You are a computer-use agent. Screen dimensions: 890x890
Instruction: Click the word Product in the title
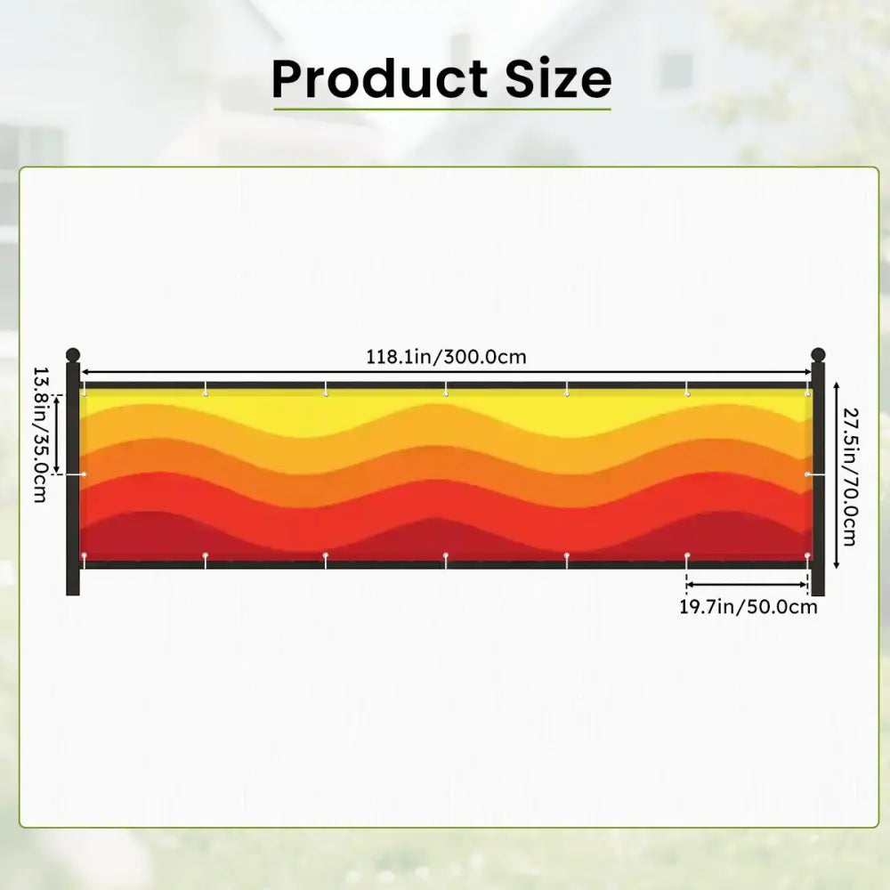[380, 78]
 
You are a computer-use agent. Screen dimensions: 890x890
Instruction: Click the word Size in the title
[559, 78]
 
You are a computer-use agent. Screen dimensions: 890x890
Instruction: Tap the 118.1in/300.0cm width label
[446, 357]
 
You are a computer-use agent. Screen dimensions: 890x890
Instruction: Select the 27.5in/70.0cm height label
[850, 477]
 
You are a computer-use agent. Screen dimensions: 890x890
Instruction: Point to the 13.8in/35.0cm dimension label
[40, 435]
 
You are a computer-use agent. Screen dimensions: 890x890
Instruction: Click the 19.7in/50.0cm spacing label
[748, 607]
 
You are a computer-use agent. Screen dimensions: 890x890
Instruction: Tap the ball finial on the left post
[73, 355]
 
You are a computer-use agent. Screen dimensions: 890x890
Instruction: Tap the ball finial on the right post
[818, 355]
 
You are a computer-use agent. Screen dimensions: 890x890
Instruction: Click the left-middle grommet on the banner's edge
[84, 474]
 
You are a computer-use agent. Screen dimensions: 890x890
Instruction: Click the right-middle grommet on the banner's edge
[808, 474]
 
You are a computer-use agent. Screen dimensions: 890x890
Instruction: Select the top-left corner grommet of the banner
[84, 392]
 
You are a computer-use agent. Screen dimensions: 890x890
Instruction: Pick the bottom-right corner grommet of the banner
[807, 555]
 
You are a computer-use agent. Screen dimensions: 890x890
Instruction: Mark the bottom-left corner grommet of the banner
[84, 555]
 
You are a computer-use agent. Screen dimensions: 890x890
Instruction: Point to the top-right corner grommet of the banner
[807, 392]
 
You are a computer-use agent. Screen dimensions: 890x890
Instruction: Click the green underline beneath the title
[442, 109]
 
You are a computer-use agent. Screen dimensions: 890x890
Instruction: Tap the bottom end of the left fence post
[73, 595]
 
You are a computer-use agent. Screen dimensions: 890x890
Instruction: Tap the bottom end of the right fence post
[818, 595]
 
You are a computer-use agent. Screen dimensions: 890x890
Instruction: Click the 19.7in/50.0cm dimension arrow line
[747, 585]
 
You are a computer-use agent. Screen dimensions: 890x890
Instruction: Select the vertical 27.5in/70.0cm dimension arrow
[836, 475]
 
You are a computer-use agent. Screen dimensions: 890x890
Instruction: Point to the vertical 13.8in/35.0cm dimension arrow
[57, 434]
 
